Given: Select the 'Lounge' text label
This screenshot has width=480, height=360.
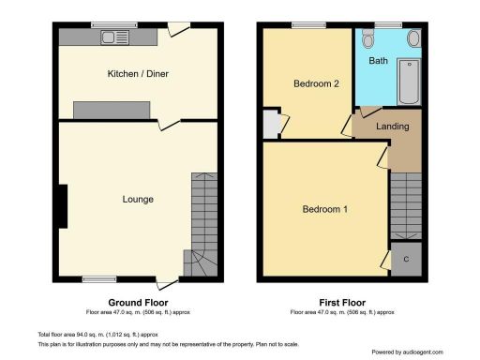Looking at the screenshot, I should coord(138,200).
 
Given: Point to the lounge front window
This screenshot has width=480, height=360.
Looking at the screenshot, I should coord(97,277).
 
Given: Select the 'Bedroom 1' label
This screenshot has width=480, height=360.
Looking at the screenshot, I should coord(325,209).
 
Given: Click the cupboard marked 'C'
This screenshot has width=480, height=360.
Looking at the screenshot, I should coord(405,260).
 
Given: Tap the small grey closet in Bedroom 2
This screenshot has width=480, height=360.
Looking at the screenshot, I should coord(270,124).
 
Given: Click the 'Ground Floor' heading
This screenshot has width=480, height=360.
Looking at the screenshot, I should coord(138,303).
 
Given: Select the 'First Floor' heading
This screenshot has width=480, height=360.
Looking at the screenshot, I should coord(342,303).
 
